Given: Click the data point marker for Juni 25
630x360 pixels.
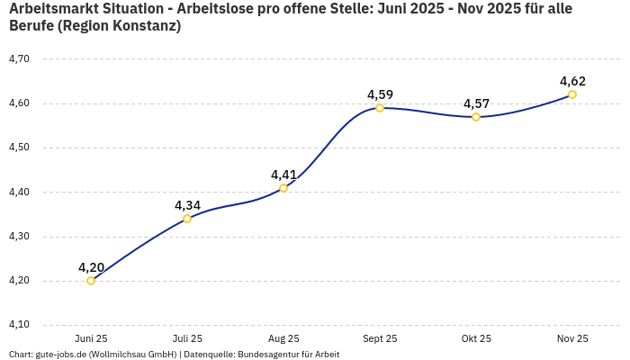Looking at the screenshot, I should click(91, 281).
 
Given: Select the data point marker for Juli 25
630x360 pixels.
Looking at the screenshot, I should click(187, 219).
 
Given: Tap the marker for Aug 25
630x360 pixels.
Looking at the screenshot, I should click(283, 188).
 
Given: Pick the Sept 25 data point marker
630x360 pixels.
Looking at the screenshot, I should click(380, 108).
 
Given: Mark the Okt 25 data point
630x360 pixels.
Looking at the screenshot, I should click(476, 117).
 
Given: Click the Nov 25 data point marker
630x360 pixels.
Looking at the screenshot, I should click(572, 94).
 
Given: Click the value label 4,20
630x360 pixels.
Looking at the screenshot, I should click(91, 267).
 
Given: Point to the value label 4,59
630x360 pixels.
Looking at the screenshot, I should click(380, 94).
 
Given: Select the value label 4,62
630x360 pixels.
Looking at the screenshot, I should click(572, 81).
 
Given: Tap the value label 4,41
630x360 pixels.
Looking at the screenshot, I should click(283, 175).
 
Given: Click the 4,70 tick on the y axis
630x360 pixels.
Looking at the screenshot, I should click(19, 58).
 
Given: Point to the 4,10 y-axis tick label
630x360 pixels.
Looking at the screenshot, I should click(19, 325).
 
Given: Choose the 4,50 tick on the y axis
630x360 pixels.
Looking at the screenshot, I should click(19, 148).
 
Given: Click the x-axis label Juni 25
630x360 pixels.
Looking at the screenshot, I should click(91, 339).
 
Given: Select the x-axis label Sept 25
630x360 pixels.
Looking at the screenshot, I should click(380, 339).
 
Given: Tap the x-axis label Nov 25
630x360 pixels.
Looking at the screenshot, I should click(572, 339).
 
